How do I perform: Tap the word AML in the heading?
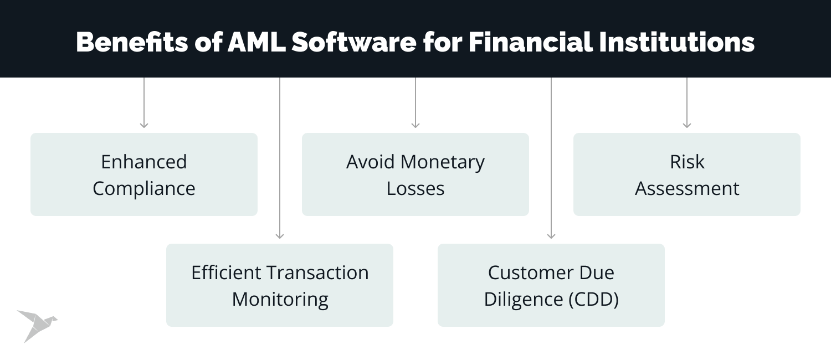tap(257, 43)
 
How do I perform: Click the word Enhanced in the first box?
tap(144, 162)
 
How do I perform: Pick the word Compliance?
tap(144, 188)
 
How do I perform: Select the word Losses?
tap(416, 188)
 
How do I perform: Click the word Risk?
tap(687, 162)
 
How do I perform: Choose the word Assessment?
tap(687, 188)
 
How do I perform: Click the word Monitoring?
tap(280, 299)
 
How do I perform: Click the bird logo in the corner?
tap(35, 325)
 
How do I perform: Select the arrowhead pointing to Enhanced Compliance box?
tap(144, 125)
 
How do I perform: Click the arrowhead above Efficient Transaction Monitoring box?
tap(280, 236)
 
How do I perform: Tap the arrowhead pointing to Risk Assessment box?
tap(687, 125)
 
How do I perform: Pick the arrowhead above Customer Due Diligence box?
tap(551, 236)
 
